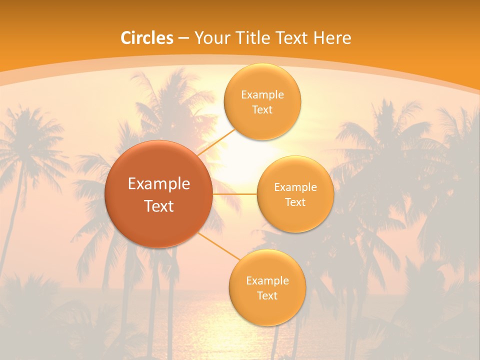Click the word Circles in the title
coord(146,38)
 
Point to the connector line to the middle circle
coord(234,194)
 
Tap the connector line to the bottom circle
coord(218,245)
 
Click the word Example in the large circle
coord(159,184)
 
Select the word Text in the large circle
coord(159,206)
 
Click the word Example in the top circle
coord(262,95)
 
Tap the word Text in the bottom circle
coord(267,295)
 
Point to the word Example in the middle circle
coord(295,187)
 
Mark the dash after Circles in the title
coord(183,38)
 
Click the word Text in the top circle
coord(262,109)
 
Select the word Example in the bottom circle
coord(267,280)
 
